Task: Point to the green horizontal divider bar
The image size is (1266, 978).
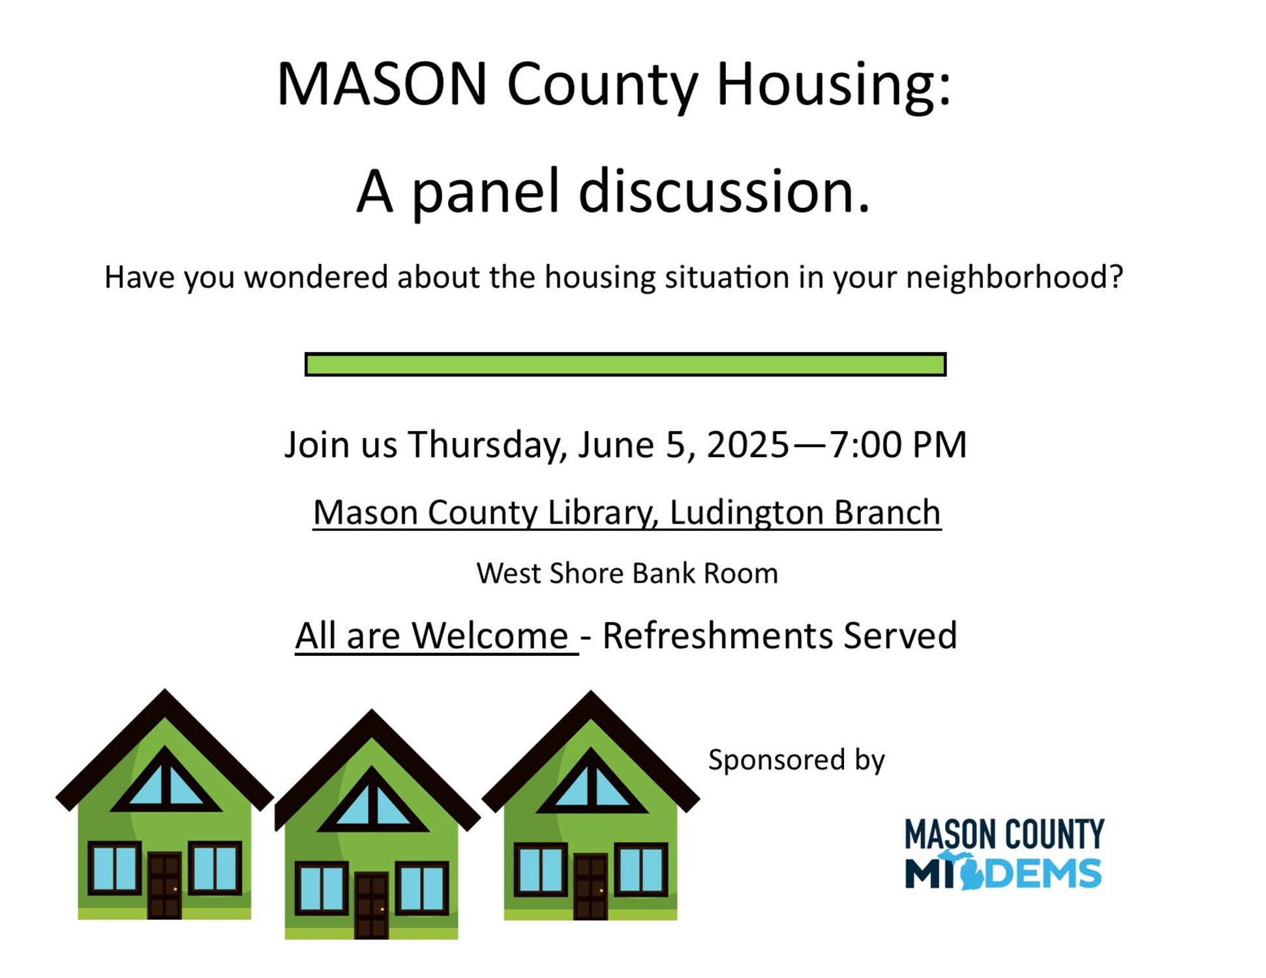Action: (625, 364)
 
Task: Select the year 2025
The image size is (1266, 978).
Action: (747, 445)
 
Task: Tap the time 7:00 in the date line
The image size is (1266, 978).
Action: (866, 445)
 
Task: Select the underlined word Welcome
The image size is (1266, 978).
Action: (490, 636)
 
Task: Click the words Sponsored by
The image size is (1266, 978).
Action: (796, 760)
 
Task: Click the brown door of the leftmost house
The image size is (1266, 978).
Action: (164, 885)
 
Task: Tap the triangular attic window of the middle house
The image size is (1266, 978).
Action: (372, 800)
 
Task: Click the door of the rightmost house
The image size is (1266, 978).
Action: (590, 887)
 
